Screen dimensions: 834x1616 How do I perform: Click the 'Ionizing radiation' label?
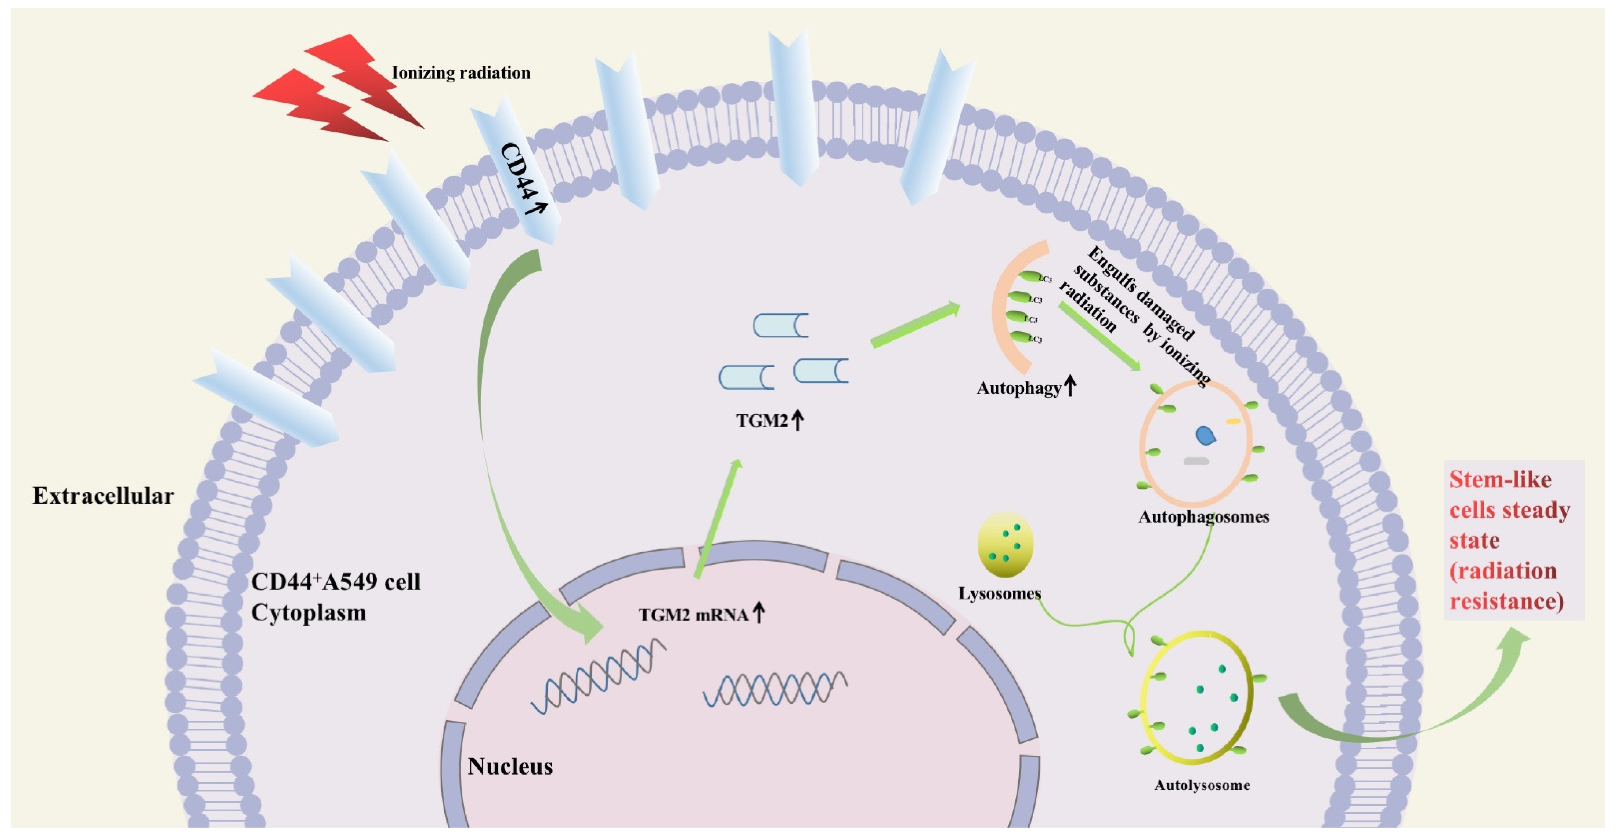click(461, 73)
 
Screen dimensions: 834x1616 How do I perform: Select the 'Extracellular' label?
click(103, 496)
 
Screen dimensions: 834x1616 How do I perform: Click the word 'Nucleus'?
click(510, 766)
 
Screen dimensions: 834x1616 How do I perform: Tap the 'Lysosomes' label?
click(999, 593)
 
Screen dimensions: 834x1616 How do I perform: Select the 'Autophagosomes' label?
click(1203, 517)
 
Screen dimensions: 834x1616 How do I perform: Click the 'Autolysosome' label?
click(1201, 785)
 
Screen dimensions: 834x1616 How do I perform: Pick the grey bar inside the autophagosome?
click(1196, 461)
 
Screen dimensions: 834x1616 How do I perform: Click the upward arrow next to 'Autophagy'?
click(1070, 385)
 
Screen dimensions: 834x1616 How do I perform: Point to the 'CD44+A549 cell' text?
click(336, 582)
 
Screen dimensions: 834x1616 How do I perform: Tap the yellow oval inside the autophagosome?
click(1233, 421)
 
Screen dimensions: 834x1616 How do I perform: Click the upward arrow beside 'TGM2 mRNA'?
click(759, 611)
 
